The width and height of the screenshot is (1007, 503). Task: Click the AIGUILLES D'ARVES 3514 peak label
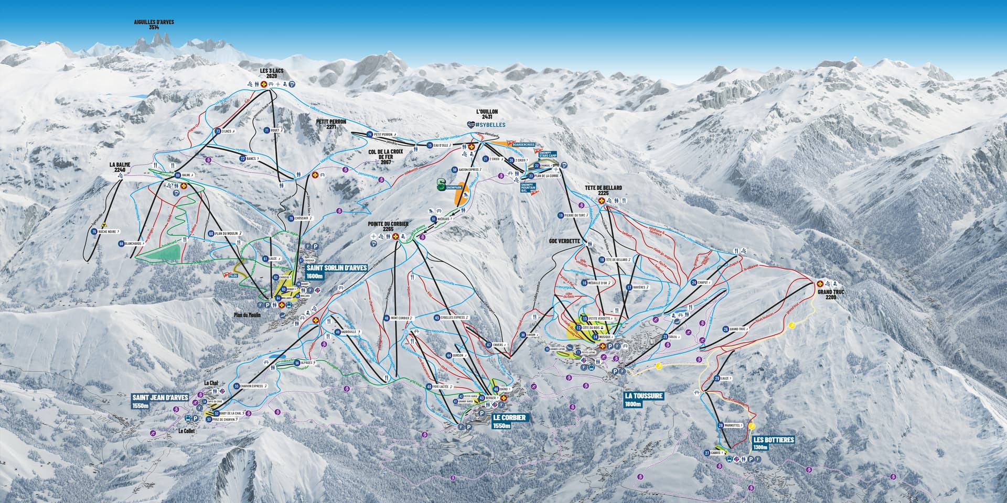point(154,25)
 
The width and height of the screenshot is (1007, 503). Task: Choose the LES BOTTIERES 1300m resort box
point(773,443)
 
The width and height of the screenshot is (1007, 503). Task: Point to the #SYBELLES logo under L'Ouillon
point(486,125)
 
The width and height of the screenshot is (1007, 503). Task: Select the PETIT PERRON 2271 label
point(329,124)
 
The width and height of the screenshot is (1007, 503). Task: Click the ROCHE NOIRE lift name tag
point(110,231)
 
